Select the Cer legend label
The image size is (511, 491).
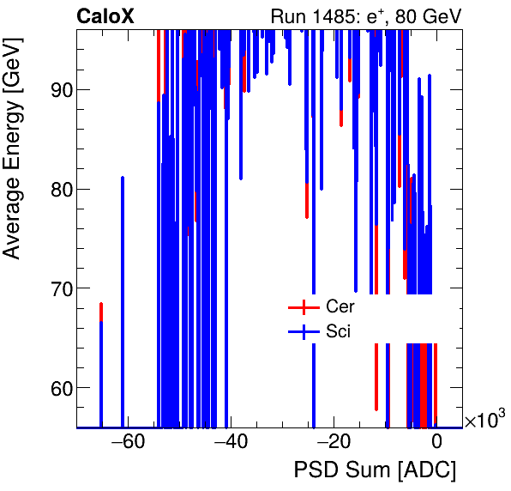point(340,306)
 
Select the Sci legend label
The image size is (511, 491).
point(338,330)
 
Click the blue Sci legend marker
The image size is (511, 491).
point(302,331)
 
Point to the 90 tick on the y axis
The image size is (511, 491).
point(59,89)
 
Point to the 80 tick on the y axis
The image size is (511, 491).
point(59,189)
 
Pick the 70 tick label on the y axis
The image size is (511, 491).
point(59,288)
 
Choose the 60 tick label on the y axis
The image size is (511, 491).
point(59,388)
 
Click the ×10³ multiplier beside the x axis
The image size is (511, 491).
point(484,421)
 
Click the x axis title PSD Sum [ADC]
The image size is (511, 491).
point(375,470)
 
